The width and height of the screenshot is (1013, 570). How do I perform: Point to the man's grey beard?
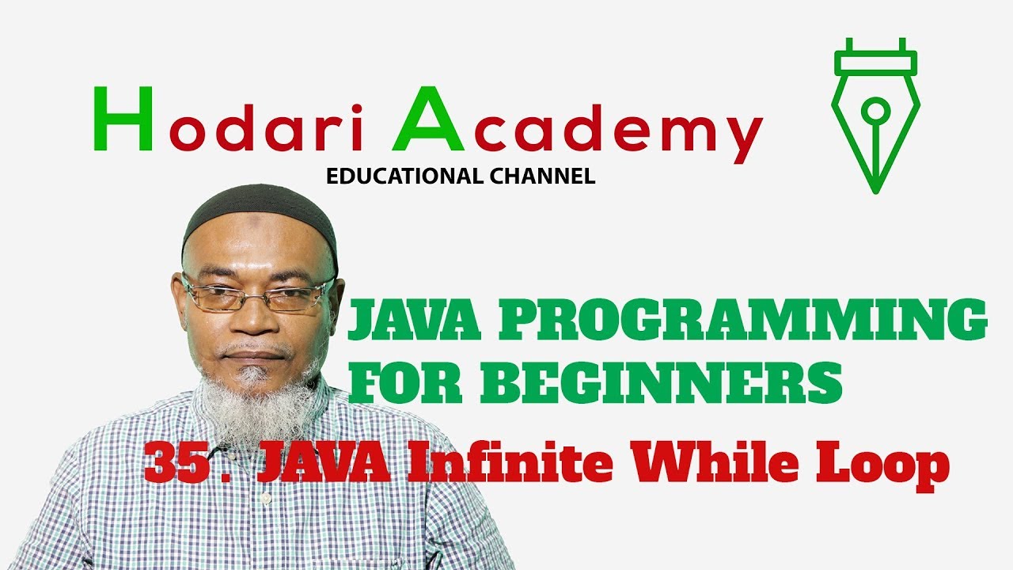tap(253, 404)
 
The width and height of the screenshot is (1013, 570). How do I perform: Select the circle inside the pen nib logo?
tap(875, 108)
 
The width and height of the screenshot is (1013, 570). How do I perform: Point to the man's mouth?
tap(255, 355)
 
